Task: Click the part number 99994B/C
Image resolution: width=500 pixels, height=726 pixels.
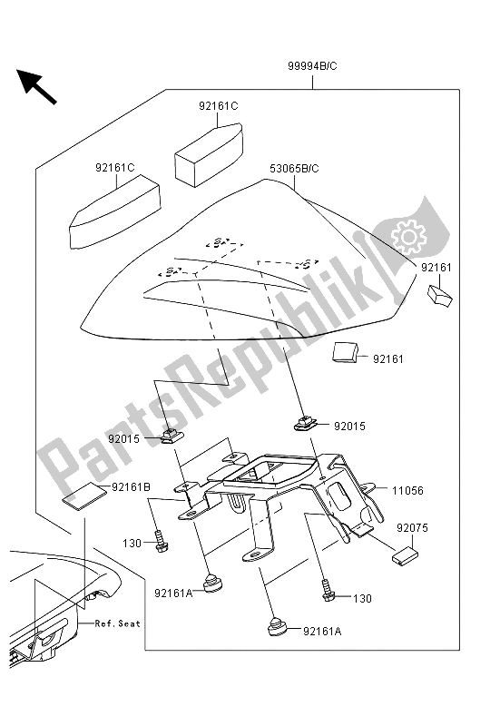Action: (312, 66)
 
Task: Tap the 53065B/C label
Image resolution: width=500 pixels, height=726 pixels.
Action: (294, 169)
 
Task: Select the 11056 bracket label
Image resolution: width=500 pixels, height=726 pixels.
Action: (407, 491)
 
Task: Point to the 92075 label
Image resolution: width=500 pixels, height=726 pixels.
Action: (412, 528)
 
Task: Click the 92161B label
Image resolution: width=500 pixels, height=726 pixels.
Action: (131, 487)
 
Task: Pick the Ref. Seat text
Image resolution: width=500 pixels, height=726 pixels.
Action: (117, 623)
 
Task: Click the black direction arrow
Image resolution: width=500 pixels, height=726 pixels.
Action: (36, 86)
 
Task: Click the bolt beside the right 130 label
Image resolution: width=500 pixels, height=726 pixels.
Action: (328, 592)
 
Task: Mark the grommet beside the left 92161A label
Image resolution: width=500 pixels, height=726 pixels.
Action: (213, 583)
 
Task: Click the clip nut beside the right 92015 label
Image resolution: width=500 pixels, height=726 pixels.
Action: (305, 423)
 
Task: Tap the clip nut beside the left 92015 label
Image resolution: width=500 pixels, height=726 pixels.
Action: (172, 436)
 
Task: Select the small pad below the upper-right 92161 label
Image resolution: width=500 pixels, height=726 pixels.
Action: (439, 295)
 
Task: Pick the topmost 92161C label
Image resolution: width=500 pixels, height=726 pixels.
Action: (219, 106)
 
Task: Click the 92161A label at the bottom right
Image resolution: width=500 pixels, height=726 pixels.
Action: (322, 631)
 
